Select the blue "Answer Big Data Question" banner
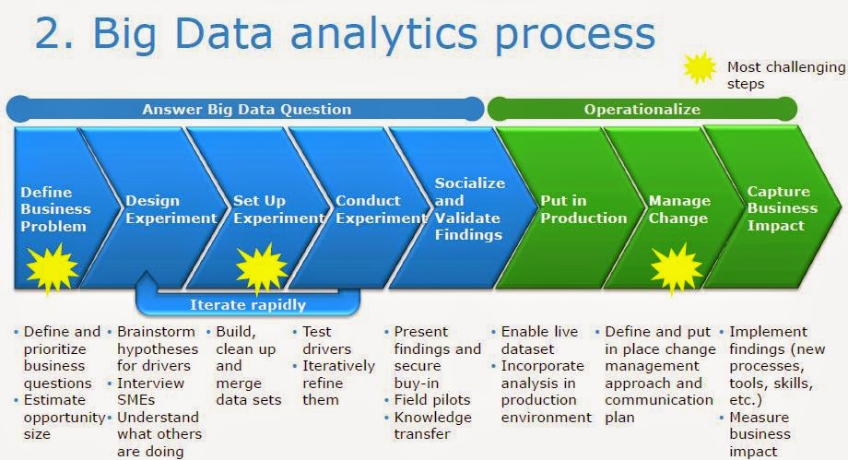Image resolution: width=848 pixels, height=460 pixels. [x=246, y=109]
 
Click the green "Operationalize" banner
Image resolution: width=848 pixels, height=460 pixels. [x=642, y=109]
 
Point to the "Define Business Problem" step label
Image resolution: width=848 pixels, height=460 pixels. [x=53, y=209]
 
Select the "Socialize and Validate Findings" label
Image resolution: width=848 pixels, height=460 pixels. [x=469, y=208]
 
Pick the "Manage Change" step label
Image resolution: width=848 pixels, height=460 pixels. [x=679, y=209]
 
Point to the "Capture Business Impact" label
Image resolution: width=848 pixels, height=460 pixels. [x=778, y=208]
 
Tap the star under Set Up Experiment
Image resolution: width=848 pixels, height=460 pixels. [x=261, y=268]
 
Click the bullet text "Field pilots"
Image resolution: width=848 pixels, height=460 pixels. [x=431, y=400]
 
